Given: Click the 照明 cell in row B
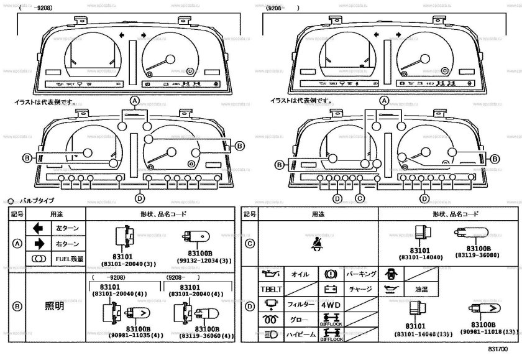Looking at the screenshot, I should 54,306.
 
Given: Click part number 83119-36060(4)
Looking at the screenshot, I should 206,336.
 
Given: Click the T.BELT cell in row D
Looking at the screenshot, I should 270,289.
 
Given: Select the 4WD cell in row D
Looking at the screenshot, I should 329,305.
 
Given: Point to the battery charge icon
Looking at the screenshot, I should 329,289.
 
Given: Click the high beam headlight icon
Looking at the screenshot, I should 270,335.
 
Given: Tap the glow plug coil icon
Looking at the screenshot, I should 270,320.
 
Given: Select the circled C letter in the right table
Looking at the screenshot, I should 249,244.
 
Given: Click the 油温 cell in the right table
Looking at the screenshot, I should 413,290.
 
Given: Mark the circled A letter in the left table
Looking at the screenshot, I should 17,244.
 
